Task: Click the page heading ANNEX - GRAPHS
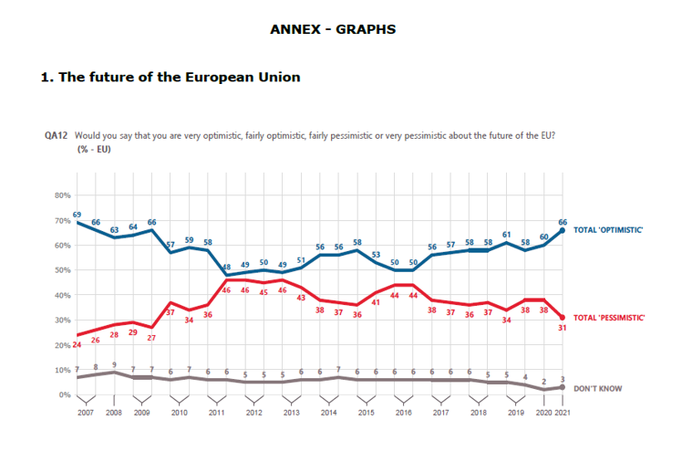coord(333,29)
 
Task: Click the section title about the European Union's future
coord(170,78)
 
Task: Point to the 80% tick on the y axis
coord(63,195)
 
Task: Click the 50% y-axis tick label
coord(63,270)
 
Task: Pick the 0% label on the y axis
coord(66,394)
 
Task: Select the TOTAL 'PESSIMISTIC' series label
coord(609,318)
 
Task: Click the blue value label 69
coord(77,214)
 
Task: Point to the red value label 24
coord(77,344)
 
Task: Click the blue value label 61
coord(506,235)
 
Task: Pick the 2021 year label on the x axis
coord(563,413)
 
